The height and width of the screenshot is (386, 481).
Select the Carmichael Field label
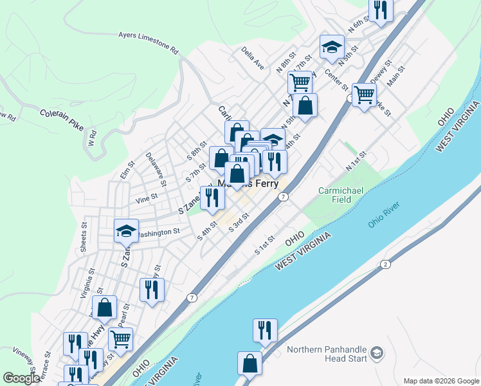click(x=336, y=195)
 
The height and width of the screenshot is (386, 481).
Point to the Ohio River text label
click(x=384, y=214)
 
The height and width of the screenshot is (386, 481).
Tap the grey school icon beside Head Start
click(x=376, y=353)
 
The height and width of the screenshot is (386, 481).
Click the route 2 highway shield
click(x=385, y=264)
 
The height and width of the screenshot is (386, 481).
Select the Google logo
click(x=21, y=378)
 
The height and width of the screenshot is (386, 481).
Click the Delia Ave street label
click(x=253, y=57)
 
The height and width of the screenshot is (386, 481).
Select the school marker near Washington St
click(x=126, y=230)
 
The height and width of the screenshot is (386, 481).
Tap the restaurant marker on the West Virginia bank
click(x=265, y=330)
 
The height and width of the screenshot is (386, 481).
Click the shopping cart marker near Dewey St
click(x=364, y=95)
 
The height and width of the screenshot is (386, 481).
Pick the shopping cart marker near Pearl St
click(x=121, y=338)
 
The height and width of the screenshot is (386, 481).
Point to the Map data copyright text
click(x=441, y=380)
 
